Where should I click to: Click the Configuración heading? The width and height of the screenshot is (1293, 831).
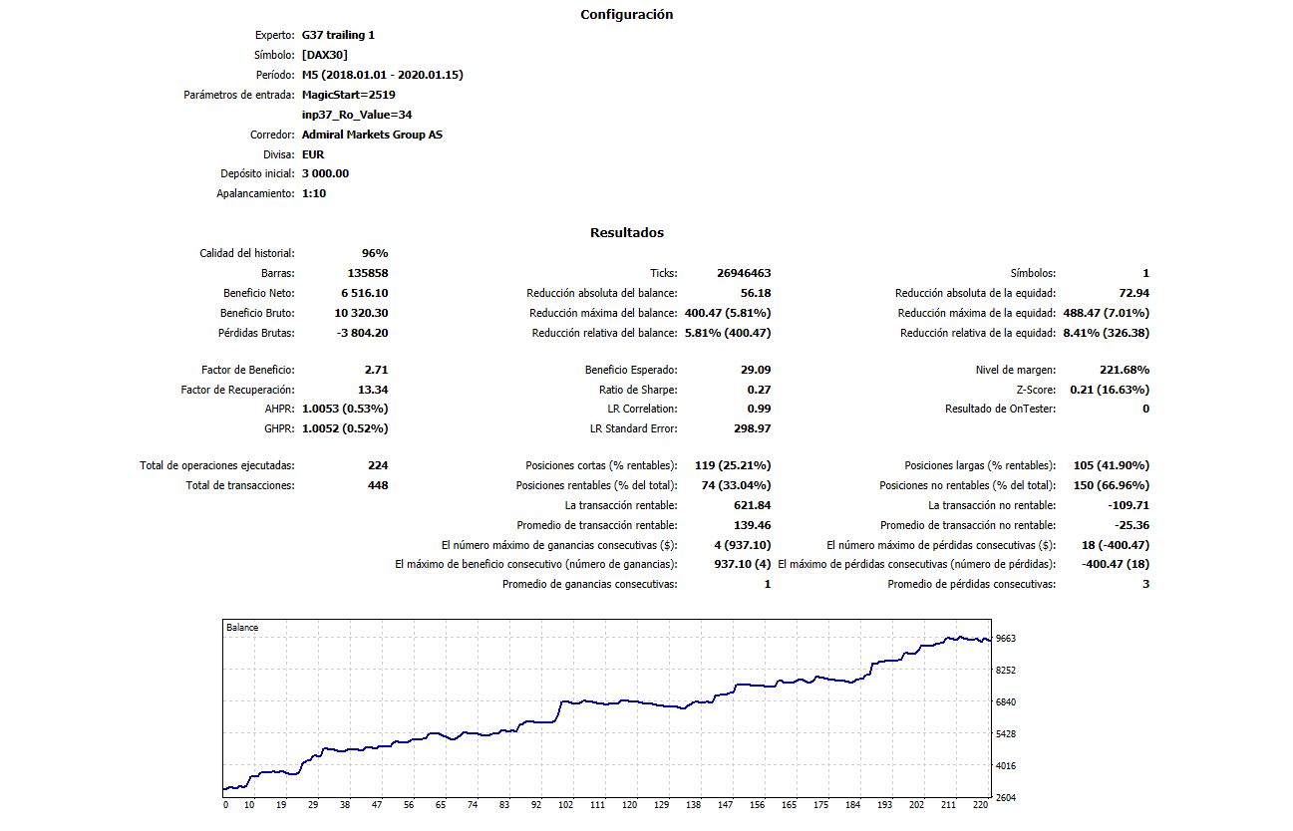(626, 15)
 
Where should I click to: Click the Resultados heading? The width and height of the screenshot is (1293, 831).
(626, 233)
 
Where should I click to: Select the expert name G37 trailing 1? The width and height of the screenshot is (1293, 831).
(338, 35)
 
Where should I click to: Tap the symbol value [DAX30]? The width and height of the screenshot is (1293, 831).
(324, 55)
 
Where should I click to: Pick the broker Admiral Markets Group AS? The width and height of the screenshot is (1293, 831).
(372, 135)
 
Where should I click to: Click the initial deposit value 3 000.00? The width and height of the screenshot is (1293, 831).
(325, 173)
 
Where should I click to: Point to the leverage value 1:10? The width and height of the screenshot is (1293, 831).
(314, 193)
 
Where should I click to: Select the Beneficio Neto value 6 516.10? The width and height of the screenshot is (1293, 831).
(364, 293)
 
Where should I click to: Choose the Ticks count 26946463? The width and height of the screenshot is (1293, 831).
(743, 273)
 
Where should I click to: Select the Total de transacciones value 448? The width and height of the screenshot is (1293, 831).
(377, 485)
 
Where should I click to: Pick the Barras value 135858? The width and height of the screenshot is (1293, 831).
(366, 273)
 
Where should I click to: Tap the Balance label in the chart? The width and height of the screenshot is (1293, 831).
(242, 628)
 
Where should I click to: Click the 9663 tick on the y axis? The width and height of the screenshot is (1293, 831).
(1005, 638)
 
